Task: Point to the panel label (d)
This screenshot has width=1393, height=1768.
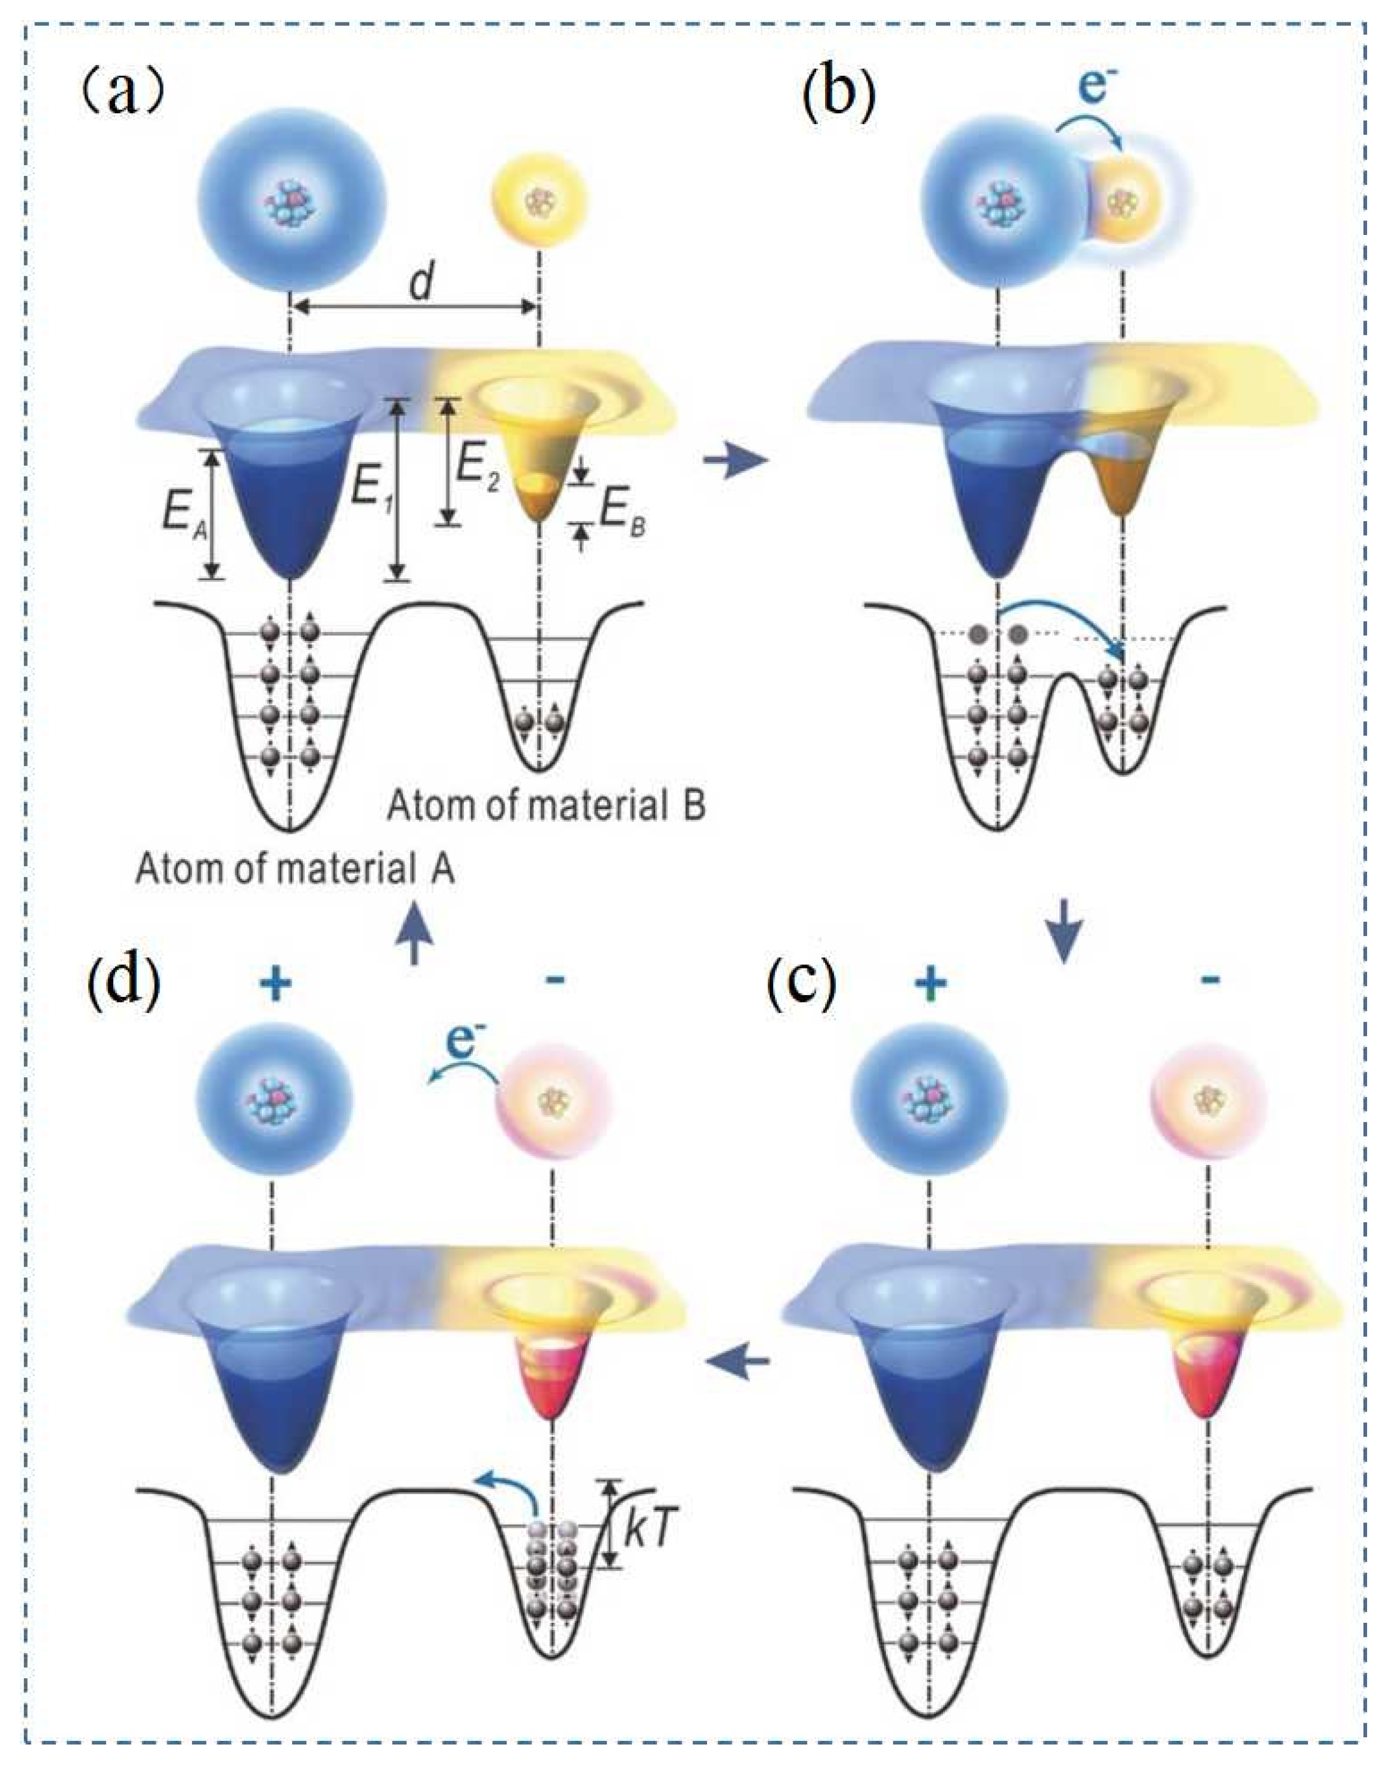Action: pos(122,985)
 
